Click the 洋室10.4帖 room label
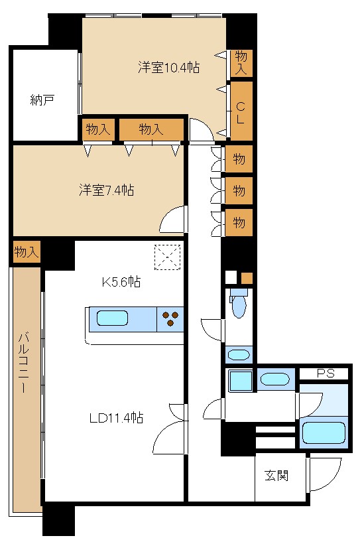point(168,67)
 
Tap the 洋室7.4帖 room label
point(107,190)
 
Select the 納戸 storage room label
point(42,100)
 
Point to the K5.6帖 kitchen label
point(121,282)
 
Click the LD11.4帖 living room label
point(117,418)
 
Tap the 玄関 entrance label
point(276,475)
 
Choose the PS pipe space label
point(326,374)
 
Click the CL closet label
point(241,112)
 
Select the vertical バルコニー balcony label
point(23,362)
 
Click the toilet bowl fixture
point(238,305)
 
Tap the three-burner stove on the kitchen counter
point(170,319)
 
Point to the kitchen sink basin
point(112,318)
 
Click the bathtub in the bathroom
point(324,433)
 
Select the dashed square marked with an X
point(168,257)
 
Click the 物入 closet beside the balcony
point(27,251)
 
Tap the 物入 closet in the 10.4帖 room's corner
point(241,62)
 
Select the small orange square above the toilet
point(247,278)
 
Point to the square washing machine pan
point(241,381)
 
